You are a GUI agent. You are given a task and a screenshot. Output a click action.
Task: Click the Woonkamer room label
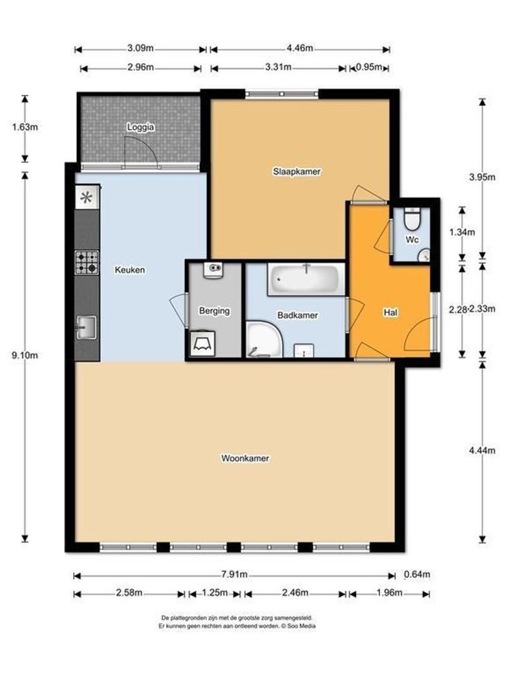pyautogui.click(x=245, y=458)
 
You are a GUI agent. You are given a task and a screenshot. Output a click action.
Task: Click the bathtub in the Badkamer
pyautogui.click(x=305, y=280)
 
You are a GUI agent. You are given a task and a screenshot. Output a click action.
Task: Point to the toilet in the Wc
pyautogui.click(x=412, y=220)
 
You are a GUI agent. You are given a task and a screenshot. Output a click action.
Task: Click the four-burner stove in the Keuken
pyautogui.click(x=87, y=262)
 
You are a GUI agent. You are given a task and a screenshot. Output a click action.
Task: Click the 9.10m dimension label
pyautogui.click(x=26, y=356)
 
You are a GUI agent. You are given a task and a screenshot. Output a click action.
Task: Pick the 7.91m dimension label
pyautogui.click(x=234, y=575)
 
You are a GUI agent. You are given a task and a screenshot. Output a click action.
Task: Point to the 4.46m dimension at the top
pyautogui.click(x=300, y=49)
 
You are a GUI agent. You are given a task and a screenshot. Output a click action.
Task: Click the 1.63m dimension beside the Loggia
pyautogui.click(x=26, y=128)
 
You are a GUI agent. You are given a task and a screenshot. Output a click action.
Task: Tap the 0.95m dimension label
pyautogui.click(x=369, y=67)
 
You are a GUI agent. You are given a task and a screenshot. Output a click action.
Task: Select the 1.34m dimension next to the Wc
pyautogui.click(x=462, y=232)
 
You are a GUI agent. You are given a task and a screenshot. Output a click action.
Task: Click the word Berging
pyautogui.click(x=214, y=310)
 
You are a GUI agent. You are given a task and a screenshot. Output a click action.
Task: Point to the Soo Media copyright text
pyautogui.click(x=237, y=625)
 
